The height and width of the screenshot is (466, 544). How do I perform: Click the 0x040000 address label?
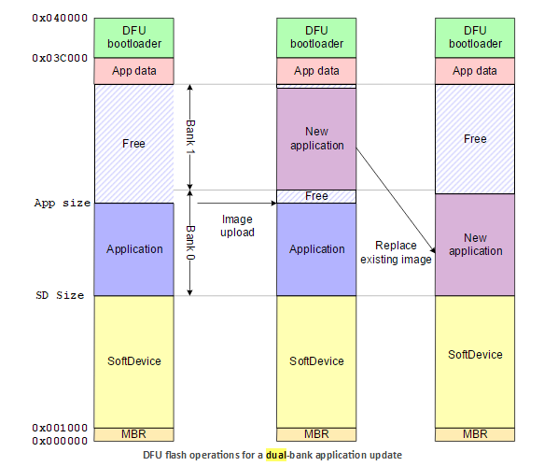[x=60, y=18]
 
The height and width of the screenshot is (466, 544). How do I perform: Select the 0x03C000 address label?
[x=60, y=58]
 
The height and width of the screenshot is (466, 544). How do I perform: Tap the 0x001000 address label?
[x=60, y=428]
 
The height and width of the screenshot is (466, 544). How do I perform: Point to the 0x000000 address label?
[x=60, y=441]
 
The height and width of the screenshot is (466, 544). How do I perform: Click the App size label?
[x=63, y=204]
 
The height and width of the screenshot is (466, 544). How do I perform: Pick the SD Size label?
[x=60, y=295]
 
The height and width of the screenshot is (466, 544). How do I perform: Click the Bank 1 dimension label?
[x=190, y=137]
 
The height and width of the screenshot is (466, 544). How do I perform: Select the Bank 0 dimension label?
[x=190, y=243]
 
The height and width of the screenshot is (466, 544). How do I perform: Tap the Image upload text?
[x=237, y=226]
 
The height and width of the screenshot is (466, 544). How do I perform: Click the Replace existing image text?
[x=396, y=252]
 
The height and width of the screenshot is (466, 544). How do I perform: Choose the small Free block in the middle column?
[x=316, y=196]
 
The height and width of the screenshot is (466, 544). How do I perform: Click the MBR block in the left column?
[x=134, y=434]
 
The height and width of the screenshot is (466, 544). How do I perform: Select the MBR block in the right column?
[x=475, y=434]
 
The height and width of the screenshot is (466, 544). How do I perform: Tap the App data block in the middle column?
[x=316, y=71]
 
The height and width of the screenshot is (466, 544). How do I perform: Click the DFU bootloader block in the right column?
[x=475, y=38]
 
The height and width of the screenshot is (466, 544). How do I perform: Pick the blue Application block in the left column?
[x=134, y=249]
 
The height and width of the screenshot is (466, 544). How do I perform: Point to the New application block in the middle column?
[x=316, y=139]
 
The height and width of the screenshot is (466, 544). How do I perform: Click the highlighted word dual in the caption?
[x=276, y=455]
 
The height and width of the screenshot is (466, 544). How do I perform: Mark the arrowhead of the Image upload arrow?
[x=273, y=204]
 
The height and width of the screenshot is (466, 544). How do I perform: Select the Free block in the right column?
[x=475, y=139]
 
